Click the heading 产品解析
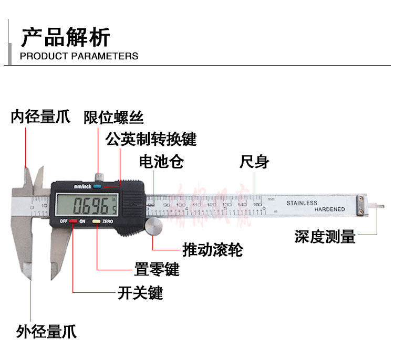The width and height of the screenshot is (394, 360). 65,38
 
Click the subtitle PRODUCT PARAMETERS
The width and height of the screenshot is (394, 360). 79,56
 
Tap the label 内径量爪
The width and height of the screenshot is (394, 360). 40,117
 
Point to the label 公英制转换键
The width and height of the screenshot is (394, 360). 151,139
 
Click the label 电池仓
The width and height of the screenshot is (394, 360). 161,162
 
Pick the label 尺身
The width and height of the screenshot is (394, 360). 254,162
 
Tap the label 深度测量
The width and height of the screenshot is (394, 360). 325,237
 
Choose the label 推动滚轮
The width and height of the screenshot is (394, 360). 212,249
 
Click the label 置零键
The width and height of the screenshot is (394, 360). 157,270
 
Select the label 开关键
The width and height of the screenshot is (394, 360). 140,292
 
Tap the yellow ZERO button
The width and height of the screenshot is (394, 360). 97,221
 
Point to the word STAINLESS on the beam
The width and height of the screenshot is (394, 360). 302,203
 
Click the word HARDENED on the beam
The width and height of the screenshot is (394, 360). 330,209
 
